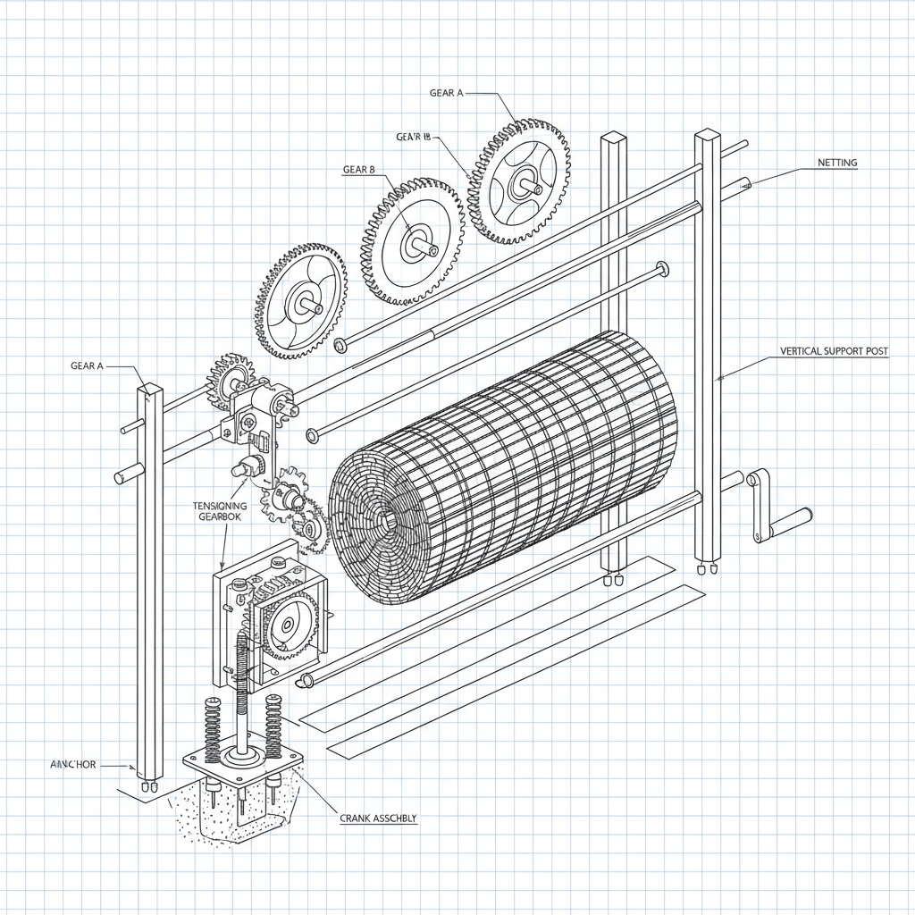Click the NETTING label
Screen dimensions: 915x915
click(x=836, y=163)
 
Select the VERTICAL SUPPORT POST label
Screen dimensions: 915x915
click(x=834, y=351)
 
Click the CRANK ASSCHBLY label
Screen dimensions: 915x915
click(x=378, y=818)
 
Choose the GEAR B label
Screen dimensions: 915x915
click(x=359, y=168)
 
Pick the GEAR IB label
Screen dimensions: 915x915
click(x=413, y=137)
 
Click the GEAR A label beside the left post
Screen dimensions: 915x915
click(x=87, y=365)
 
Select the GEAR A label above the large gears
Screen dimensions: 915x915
click(x=447, y=93)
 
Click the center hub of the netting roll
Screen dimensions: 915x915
click(x=386, y=517)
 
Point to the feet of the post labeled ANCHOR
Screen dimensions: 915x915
click(x=148, y=788)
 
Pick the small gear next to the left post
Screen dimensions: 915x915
click(x=230, y=376)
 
